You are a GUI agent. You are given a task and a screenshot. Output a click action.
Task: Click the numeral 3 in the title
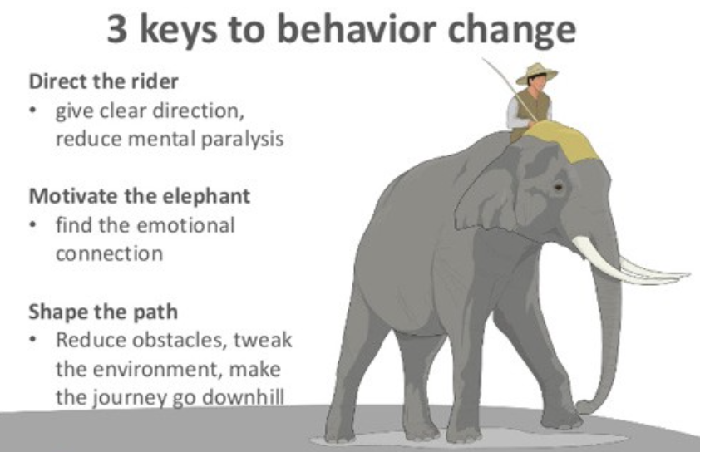(117, 29)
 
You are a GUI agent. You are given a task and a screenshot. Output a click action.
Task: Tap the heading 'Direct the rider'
(103, 81)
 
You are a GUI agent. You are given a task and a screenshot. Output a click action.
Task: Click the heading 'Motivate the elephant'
(140, 196)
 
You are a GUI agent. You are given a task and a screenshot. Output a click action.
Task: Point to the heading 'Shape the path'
(103, 312)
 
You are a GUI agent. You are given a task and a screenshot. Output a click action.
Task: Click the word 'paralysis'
(242, 140)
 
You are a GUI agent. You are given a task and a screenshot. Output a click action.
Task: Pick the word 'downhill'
(243, 396)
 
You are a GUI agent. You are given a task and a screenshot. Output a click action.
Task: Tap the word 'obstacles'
(180, 340)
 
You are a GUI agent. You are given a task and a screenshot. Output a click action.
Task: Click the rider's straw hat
(536, 73)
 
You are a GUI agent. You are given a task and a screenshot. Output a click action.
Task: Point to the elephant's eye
(558, 186)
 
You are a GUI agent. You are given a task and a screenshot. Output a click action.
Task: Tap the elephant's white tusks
(629, 263)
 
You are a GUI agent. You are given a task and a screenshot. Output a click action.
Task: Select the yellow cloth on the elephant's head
(562, 140)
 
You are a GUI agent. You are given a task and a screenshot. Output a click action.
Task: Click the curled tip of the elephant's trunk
(584, 406)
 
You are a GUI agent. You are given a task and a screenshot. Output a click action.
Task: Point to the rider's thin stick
(509, 89)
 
